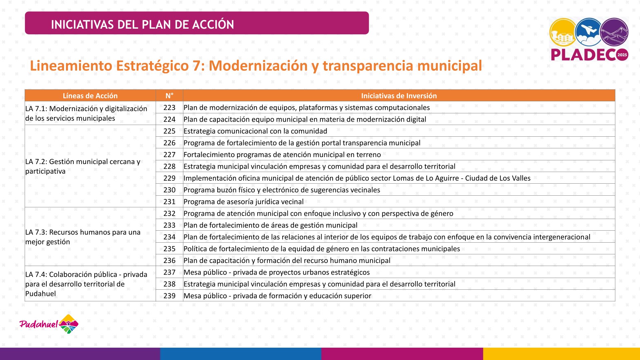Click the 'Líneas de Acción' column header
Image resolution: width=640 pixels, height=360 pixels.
click(x=90, y=96)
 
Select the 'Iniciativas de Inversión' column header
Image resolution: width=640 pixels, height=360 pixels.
click(x=399, y=96)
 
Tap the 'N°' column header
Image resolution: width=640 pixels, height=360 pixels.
click(x=169, y=96)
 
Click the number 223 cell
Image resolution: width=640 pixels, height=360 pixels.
click(x=169, y=107)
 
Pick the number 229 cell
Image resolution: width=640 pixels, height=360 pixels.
click(x=169, y=178)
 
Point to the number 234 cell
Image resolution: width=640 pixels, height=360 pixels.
click(x=169, y=237)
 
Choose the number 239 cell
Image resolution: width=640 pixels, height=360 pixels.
click(x=169, y=296)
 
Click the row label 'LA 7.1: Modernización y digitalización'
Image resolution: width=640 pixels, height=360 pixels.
click(x=86, y=109)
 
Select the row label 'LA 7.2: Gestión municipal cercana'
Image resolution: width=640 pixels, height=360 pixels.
click(x=83, y=162)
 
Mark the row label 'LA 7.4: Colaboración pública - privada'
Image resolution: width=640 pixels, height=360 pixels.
click(x=86, y=274)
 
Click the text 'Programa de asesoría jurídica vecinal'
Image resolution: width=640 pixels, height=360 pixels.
click(x=243, y=202)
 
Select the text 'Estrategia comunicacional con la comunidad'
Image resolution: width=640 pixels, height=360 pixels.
click(x=255, y=131)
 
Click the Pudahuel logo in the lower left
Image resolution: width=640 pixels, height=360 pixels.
click(x=49, y=324)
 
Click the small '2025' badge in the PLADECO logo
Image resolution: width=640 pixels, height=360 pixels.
click(x=622, y=55)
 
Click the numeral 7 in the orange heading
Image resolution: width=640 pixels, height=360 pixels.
click(x=196, y=66)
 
